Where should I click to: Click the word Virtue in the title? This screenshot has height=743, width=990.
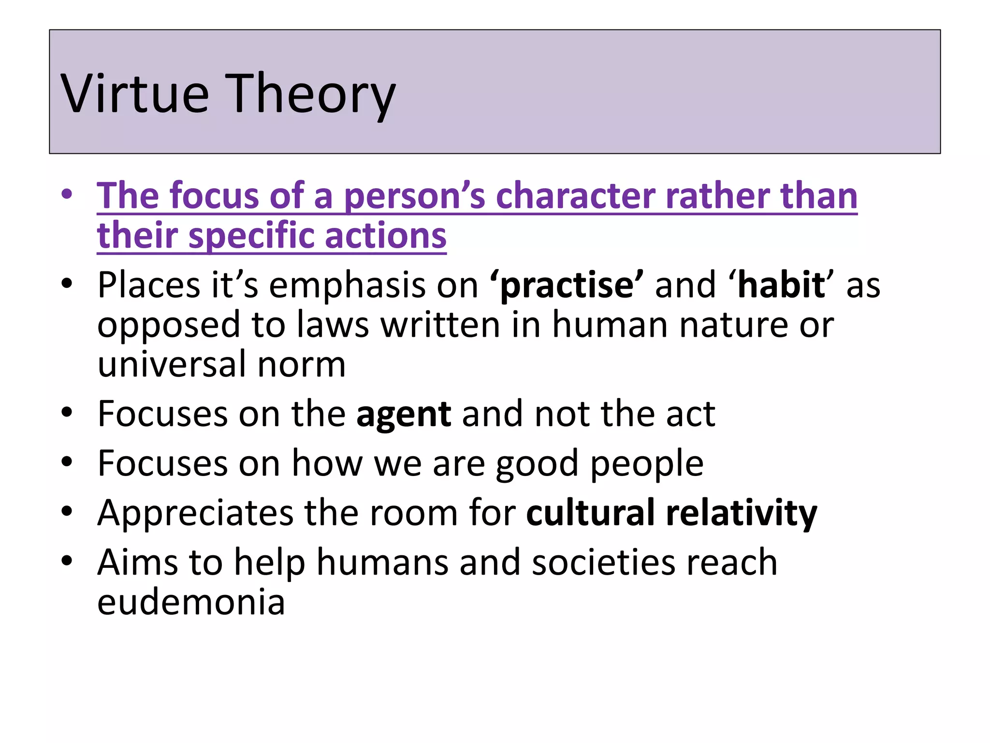click(x=135, y=93)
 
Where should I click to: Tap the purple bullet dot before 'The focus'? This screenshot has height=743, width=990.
click(x=67, y=195)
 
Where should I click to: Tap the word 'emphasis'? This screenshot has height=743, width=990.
click(x=347, y=285)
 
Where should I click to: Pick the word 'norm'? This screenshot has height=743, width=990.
click(x=301, y=365)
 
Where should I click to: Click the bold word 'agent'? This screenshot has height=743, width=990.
click(x=404, y=415)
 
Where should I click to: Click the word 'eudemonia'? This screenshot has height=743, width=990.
click(x=191, y=602)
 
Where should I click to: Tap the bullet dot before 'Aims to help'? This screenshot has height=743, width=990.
click(x=67, y=561)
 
